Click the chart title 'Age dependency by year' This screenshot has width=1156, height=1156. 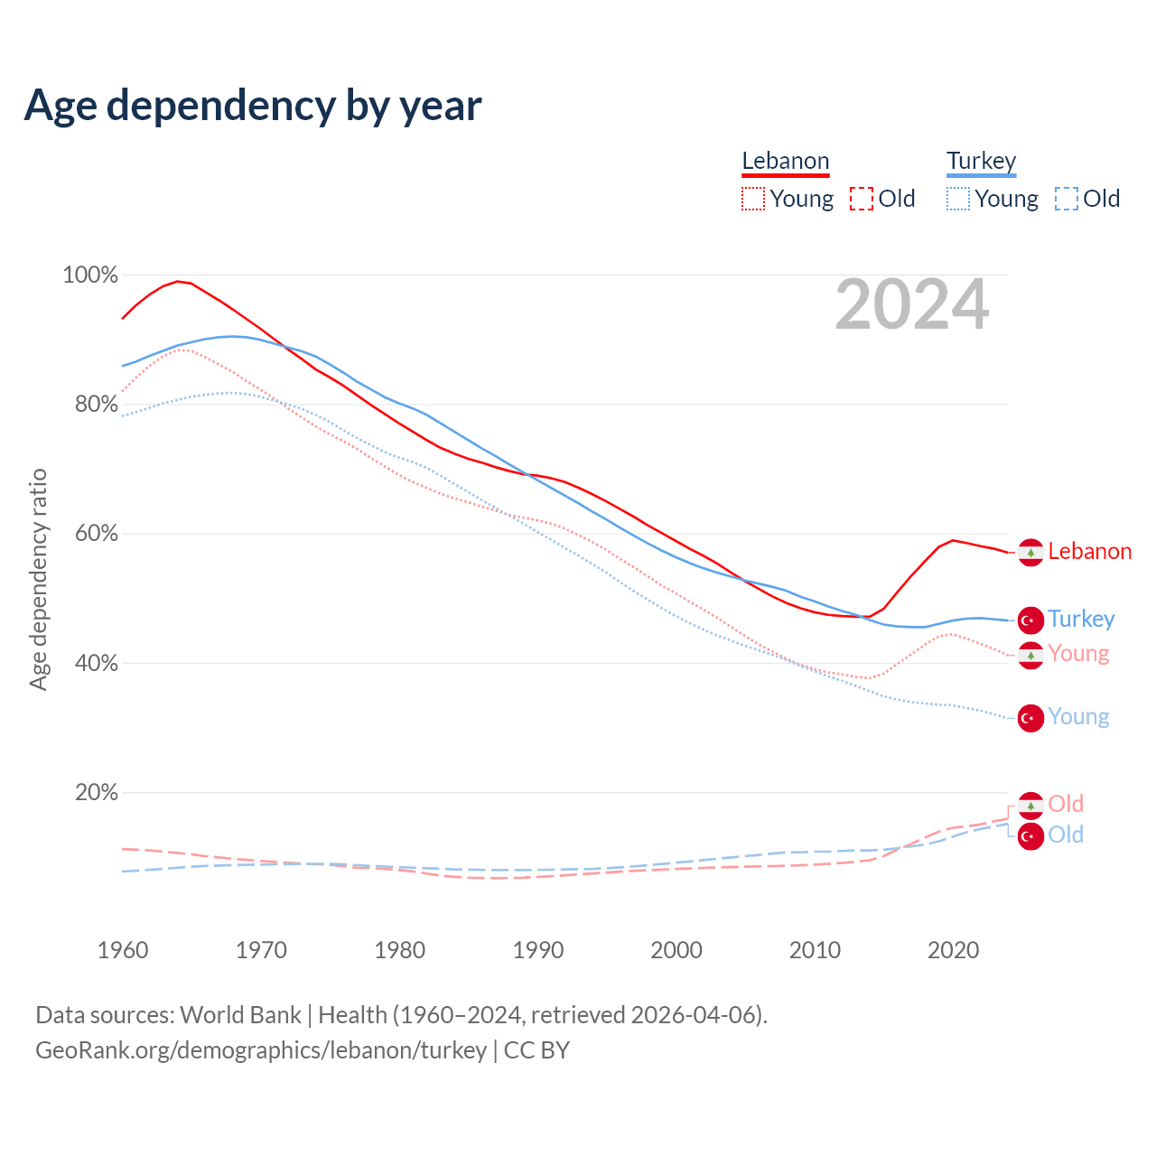(253, 106)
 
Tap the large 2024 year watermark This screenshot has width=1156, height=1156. (911, 305)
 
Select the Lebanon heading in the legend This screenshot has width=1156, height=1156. (785, 161)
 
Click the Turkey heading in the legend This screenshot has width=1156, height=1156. (981, 161)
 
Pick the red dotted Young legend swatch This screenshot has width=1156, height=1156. (752, 199)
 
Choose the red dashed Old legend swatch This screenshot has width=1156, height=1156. (862, 199)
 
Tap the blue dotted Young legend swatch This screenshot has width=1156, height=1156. (958, 199)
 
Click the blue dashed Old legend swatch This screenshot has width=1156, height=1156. (1067, 199)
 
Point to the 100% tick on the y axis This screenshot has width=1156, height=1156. (90, 275)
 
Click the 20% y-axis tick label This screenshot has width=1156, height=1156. (97, 792)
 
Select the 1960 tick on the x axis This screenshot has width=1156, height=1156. (123, 950)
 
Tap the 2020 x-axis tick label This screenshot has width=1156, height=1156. (954, 950)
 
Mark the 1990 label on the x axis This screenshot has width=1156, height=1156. (538, 950)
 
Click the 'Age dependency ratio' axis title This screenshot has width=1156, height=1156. (38, 579)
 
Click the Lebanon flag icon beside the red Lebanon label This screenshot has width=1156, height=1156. (1030, 552)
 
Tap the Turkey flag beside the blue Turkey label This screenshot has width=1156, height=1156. (1030, 620)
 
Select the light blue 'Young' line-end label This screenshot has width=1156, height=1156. (1078, 717)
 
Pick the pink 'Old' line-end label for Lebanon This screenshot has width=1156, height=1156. (1066, 804)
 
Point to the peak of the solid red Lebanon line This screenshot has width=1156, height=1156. (178, 281)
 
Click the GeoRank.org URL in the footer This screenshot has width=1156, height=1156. (261, 1050)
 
